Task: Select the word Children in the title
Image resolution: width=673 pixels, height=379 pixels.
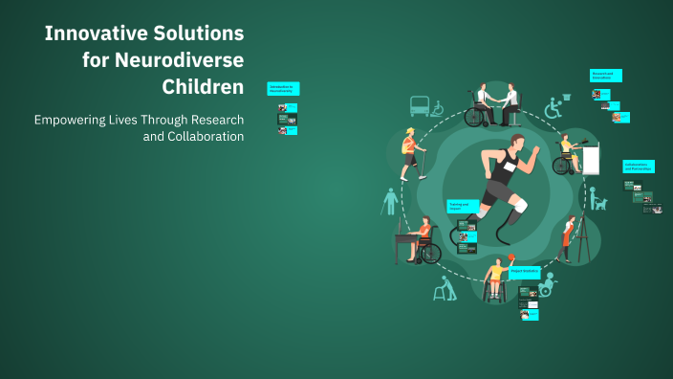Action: [203, 87]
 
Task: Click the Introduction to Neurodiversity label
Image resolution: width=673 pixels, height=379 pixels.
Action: [283, 88]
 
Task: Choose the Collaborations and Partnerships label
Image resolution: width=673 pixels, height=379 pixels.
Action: [637, 166]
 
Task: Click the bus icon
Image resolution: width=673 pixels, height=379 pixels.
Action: [419, 105]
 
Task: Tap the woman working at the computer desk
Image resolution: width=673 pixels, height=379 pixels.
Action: [570, 154]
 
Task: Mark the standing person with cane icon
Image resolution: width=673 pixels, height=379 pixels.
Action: [389, 202]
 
